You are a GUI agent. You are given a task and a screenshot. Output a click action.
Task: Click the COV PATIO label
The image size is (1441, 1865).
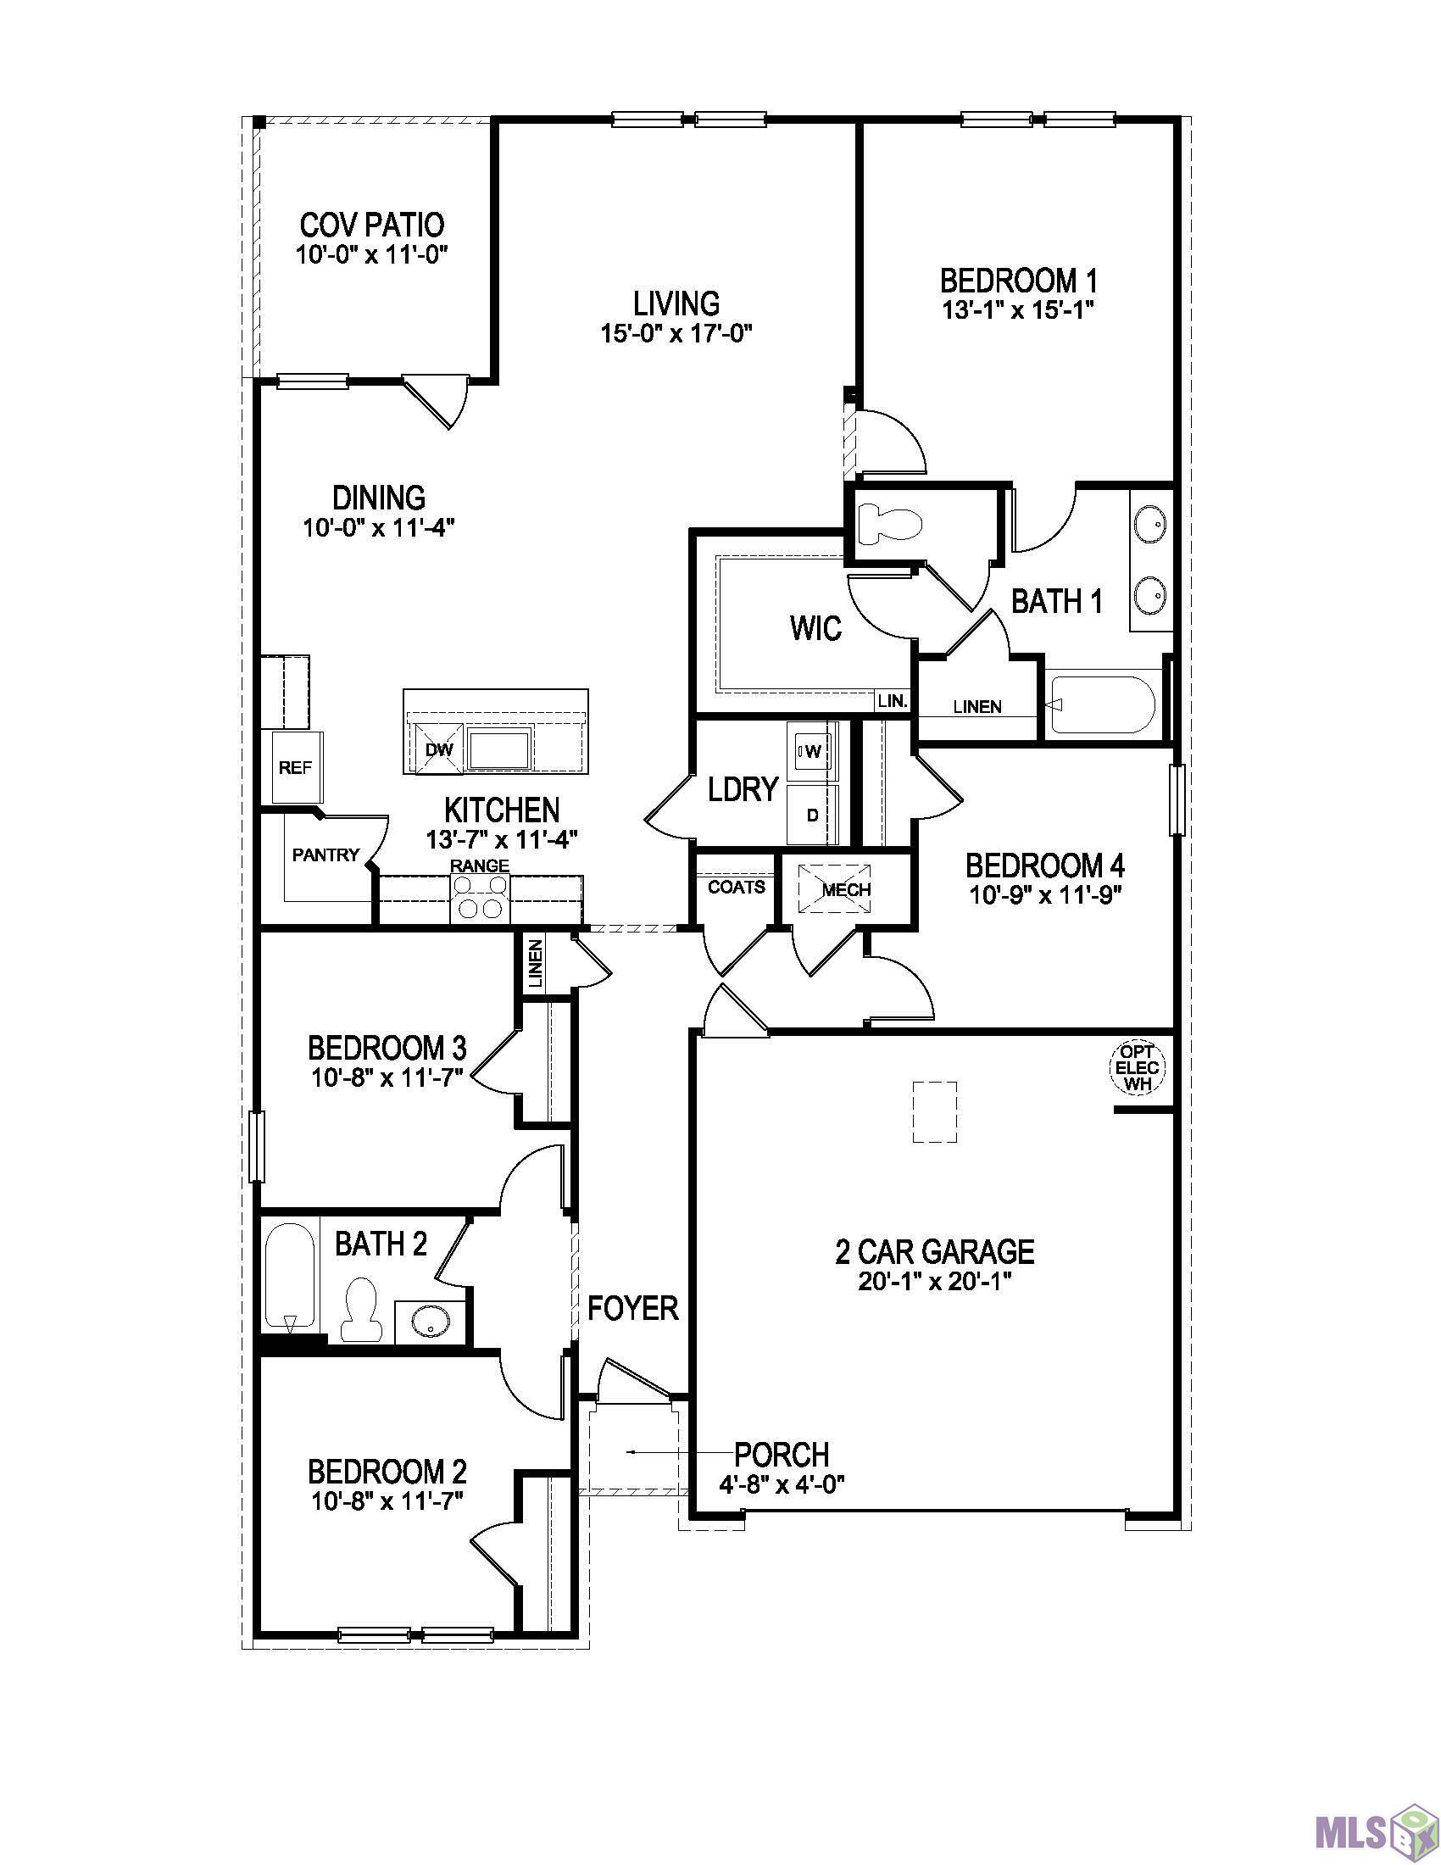(371, 225)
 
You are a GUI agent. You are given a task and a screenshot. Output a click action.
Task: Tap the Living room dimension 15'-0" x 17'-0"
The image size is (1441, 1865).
(676, 333)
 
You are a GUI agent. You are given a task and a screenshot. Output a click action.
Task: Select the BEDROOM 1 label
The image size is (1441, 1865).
(1017, 280)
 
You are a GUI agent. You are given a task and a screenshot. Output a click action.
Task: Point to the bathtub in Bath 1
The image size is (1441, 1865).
(1101, 704)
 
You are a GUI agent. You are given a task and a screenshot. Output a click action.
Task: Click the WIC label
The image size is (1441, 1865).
(815, 628)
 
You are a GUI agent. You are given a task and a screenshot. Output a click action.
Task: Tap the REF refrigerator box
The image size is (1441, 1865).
(295, 768)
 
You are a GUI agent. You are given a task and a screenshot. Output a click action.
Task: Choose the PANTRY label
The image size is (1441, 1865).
(325, 855)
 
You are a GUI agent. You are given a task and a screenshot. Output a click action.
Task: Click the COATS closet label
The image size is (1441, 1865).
(736, 888)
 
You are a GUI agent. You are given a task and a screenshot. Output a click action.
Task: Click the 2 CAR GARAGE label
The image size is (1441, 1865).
(934, 1252)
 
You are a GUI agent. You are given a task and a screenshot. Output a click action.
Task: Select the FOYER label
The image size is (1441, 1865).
(631, 1307)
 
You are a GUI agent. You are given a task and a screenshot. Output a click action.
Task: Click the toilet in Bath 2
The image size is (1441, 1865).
(359, 1309)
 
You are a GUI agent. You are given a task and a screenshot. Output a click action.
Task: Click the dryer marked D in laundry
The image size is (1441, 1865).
(813, 815)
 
